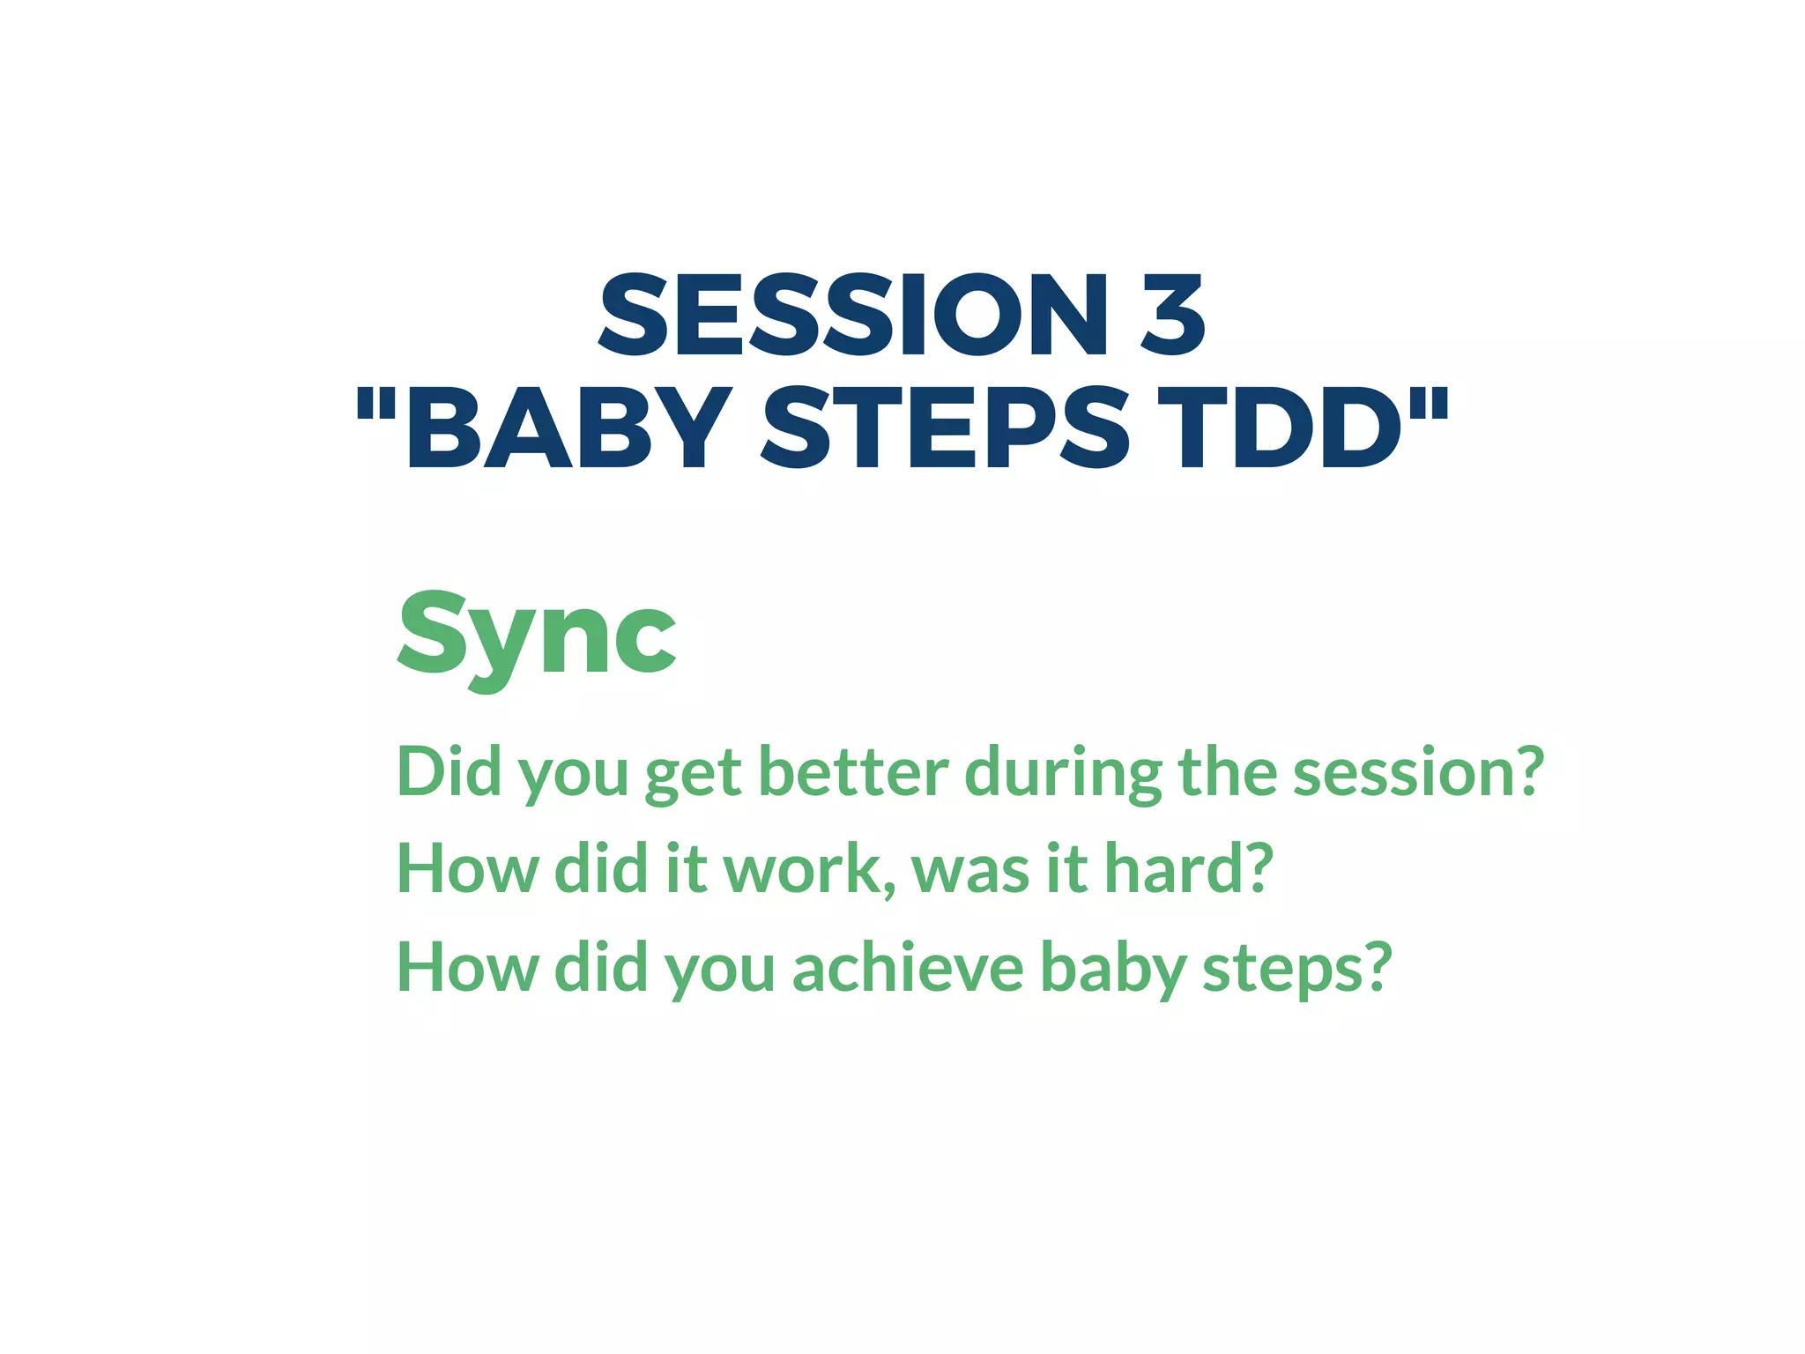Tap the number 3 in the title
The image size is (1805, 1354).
pyautogui.click(x=1171, y=316)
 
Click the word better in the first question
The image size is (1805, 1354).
pyautogui.click(x=852, y=772)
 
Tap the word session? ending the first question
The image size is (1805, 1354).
pyautogui.click(x=1418, y=772)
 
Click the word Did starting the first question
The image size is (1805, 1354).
pyautogui.click(x=449, y=772)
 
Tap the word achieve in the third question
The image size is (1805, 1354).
pyautogui.click(x=908, y=968)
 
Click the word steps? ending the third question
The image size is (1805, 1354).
pyautogui.click(x=1296, y=968)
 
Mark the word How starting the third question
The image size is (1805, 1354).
pyautogui.click(x=467, y=968)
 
